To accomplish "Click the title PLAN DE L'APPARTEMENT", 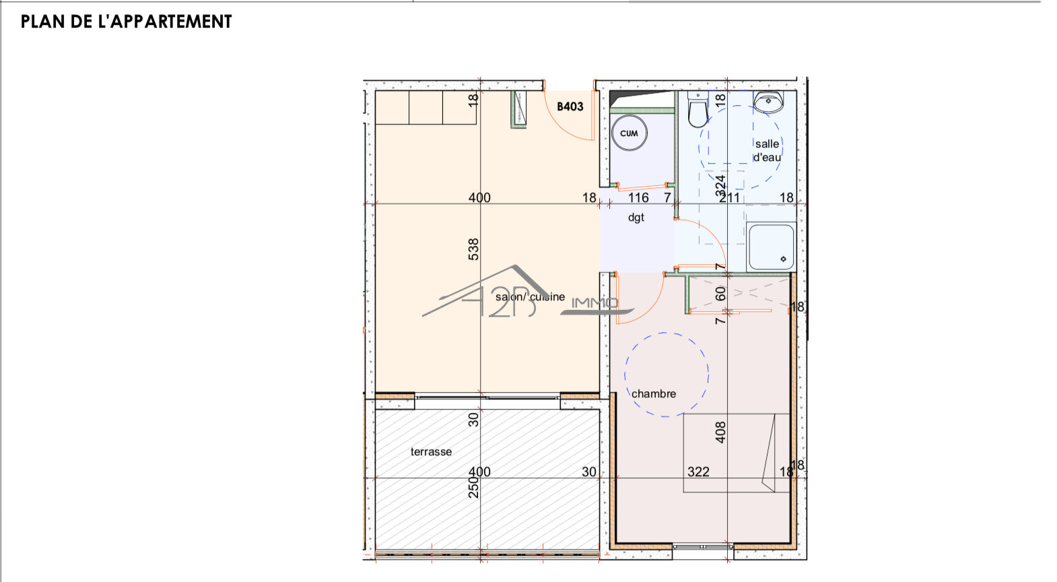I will (x=126, y=22).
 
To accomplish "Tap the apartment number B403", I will (x=570, y=106).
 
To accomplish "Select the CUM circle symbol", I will (x=629, y=133).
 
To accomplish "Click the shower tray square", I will (x=771, y=247).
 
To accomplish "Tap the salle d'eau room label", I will (x=767, y=150).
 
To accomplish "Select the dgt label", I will (x=636, y=218).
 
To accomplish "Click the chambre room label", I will (x=653, y=394).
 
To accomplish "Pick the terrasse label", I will (x=431, y=452).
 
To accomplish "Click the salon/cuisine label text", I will (x=530, y=297).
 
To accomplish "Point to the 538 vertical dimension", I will (x=474, y=249).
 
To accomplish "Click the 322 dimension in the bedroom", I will (x=698, y=472).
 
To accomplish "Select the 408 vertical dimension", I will (x=720, y=432).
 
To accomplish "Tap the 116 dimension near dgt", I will (x=638, y=197).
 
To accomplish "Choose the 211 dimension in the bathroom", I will (x=730, y=197).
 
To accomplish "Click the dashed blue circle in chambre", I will (x=667, y=374).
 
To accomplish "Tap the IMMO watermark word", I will (x=594, y=303).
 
